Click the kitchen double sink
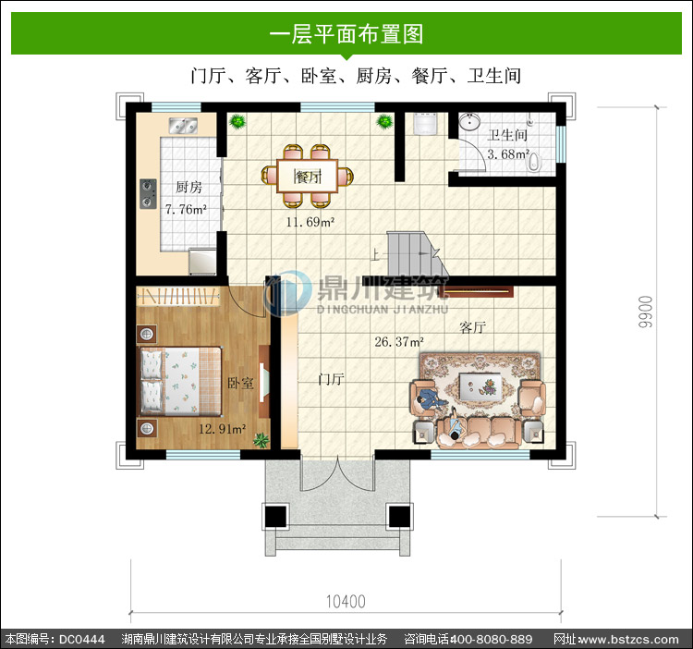point(183,126)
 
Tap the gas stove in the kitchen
point(148,193)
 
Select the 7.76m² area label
point(186,209)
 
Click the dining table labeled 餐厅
point(307,177)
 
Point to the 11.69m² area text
point(310,222)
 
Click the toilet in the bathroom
point(534,162)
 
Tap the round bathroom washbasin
point(468,121)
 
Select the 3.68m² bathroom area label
point(508,154)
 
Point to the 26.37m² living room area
point(399,342)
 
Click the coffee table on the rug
point(480,386)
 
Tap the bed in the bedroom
point(181,381)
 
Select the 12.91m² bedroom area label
point(223,429)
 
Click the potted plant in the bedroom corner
point(261,440)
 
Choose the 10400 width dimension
point(346,601)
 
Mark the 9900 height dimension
point(645,312)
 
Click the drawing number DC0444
point(81,639)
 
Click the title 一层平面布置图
point(346,33)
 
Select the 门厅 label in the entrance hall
point(331,379)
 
